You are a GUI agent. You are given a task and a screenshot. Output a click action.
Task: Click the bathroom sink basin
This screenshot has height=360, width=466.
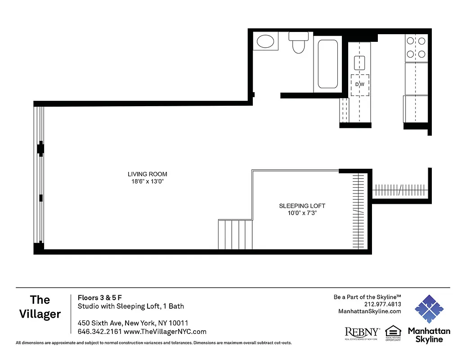[265, 42]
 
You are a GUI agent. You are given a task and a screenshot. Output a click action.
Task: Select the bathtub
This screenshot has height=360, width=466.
[327, 64]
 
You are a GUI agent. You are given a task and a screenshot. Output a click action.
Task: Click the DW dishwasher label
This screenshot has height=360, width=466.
[359, 84]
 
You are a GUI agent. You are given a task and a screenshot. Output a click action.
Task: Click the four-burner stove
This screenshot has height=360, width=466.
[416, 48]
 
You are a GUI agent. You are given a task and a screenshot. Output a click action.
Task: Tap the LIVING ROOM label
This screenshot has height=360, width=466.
[148, 174]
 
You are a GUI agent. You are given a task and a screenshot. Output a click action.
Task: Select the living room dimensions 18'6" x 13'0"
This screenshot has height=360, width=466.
[148, 182]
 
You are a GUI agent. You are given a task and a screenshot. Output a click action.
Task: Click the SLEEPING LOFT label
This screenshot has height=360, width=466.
[302, 206]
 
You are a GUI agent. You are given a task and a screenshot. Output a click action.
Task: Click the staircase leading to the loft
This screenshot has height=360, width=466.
[235, 234]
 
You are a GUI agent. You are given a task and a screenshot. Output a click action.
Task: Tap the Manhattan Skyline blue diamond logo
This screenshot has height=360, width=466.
[429, 310]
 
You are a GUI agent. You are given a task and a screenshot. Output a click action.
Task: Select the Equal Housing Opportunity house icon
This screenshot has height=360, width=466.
[393, 330]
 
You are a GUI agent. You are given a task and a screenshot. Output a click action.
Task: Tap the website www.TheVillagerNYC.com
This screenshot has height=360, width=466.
[165, 332]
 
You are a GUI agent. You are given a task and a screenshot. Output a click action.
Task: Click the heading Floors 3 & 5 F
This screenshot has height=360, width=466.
[100, 297]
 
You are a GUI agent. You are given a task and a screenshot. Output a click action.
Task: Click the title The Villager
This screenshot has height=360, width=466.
[40, 307]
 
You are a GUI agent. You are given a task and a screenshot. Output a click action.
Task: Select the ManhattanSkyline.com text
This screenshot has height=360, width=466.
[369, 311]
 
